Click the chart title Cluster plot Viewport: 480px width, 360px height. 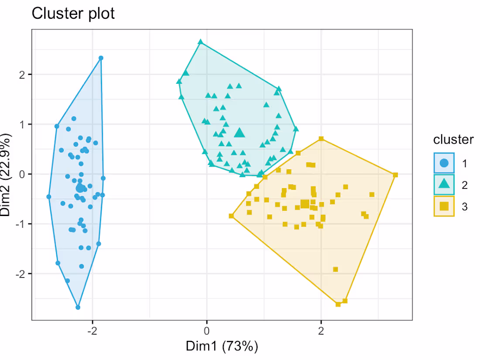coord(73,14)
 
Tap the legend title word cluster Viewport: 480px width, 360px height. coord(453,140)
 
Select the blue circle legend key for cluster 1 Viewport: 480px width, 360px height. coord(444,163)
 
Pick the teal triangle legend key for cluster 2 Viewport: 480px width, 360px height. coord(444,185)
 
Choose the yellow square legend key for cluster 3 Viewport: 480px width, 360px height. coord(444,206)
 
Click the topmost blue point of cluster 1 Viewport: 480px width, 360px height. coord(101,58)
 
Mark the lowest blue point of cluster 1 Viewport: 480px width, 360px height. coord(78,307)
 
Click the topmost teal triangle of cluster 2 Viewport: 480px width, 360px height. coord(201,42)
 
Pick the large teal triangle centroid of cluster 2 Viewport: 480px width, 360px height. coord(239,133)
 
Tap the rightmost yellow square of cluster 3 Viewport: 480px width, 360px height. coord(395,175)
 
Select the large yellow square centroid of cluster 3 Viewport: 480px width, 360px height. coord(305,204)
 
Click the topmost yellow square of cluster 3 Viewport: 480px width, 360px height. coord(321,139)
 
